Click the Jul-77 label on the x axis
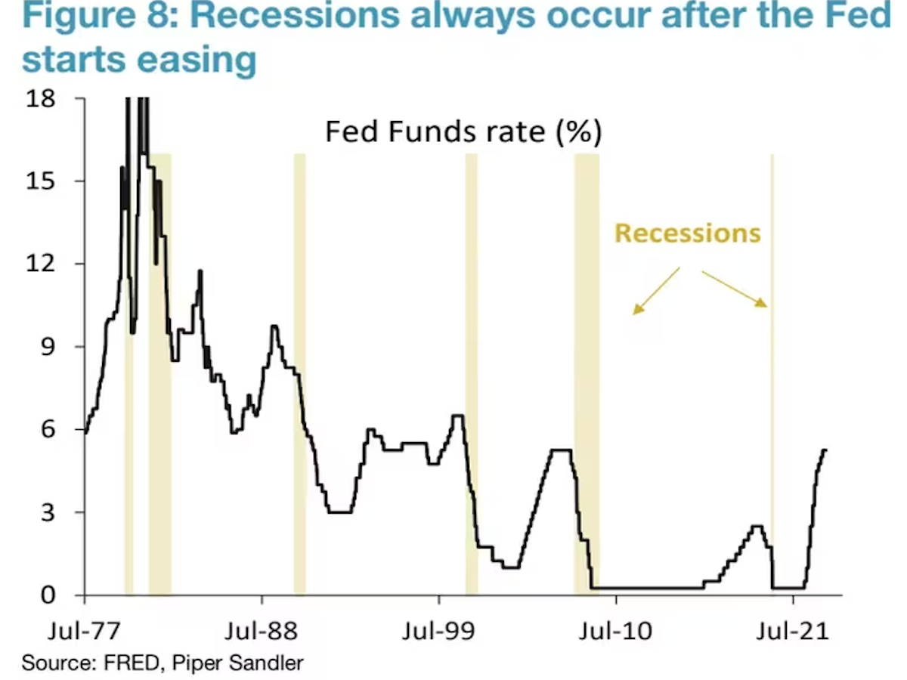pyautogui.click(x=84, y=629)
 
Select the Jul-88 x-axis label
pyautogui.click(x=261, y=629)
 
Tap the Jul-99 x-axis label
pyautogui.click(x=438, y=629)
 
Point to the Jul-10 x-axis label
pyautogui.click(x=615, y=629)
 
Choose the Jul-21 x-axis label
pyautogui.click(x=793, y=629)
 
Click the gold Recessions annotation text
pyautogui.click(x=687, y=233)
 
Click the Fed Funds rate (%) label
pyautogui.click(x=463, y=132)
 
